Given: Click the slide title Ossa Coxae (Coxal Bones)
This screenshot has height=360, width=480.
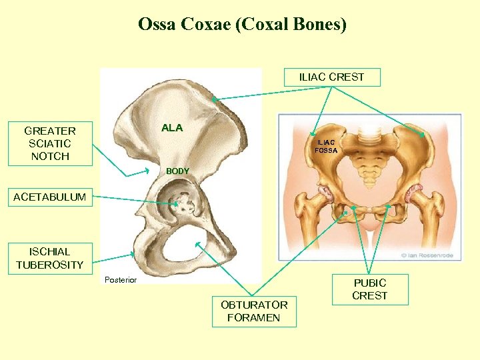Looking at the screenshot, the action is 242,25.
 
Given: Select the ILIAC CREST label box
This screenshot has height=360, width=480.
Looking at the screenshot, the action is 331,77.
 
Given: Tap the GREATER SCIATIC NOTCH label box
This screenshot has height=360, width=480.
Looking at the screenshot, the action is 49,143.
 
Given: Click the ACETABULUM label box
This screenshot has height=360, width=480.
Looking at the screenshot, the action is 50,197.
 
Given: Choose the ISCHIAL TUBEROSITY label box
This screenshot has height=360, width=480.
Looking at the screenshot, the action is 49,258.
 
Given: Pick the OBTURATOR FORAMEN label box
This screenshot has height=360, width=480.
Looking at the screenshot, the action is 254,311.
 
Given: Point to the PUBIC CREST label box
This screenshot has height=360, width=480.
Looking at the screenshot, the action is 369,289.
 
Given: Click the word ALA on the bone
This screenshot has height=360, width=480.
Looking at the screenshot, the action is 171,128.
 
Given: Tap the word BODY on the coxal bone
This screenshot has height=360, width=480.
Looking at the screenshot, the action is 177,171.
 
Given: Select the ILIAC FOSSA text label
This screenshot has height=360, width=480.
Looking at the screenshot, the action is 327,146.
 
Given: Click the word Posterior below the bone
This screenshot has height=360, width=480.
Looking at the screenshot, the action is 121,280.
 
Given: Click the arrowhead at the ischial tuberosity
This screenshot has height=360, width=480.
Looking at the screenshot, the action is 133,255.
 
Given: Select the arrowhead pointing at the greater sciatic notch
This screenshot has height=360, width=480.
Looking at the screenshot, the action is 147,171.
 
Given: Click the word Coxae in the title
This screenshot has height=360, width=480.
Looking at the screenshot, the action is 199,25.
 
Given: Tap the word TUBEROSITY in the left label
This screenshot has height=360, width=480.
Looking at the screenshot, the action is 50,265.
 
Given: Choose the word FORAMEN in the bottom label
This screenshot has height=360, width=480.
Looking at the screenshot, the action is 254,317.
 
